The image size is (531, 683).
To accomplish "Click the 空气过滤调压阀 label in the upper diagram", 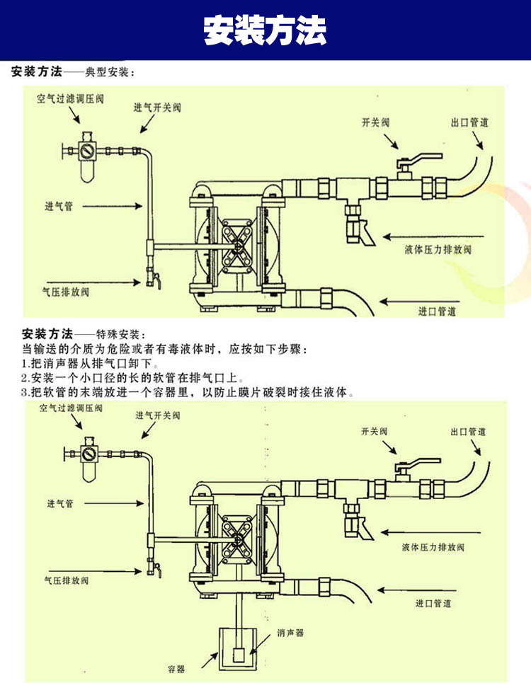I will click(70, 99).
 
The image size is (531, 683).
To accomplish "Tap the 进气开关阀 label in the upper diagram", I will click(157, 108).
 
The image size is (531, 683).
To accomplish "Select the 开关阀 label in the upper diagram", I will click(375, 122).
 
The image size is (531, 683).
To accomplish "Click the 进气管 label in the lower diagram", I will click(60, 504).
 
